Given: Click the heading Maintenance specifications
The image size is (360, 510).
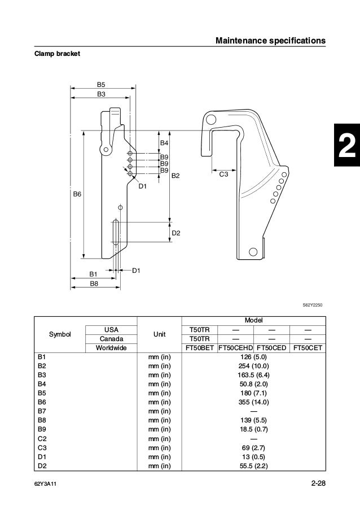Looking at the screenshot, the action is pyautogui.click(x=271, y=41).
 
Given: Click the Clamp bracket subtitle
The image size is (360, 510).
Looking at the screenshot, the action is pyautogui.click(x=56, y=54).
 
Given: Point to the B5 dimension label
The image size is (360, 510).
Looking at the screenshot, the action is pyautogui.click(x=101, y=84).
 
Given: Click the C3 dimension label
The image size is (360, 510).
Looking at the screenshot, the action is pyautogui.click(x=223, y=175).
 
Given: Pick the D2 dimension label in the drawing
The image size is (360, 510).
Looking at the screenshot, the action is pyautogui.click(x=176, y=233).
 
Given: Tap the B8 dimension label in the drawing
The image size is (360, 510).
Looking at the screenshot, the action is pyautogui.click(x=95, y=283).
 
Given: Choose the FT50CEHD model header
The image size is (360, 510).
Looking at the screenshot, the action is pyautogui.click(x=235, y=348).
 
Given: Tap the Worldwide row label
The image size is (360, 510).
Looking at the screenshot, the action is pyautogui.click(x=107, y=348).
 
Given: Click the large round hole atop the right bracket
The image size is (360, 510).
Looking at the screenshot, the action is pyautogui.click(x=210, y=120).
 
